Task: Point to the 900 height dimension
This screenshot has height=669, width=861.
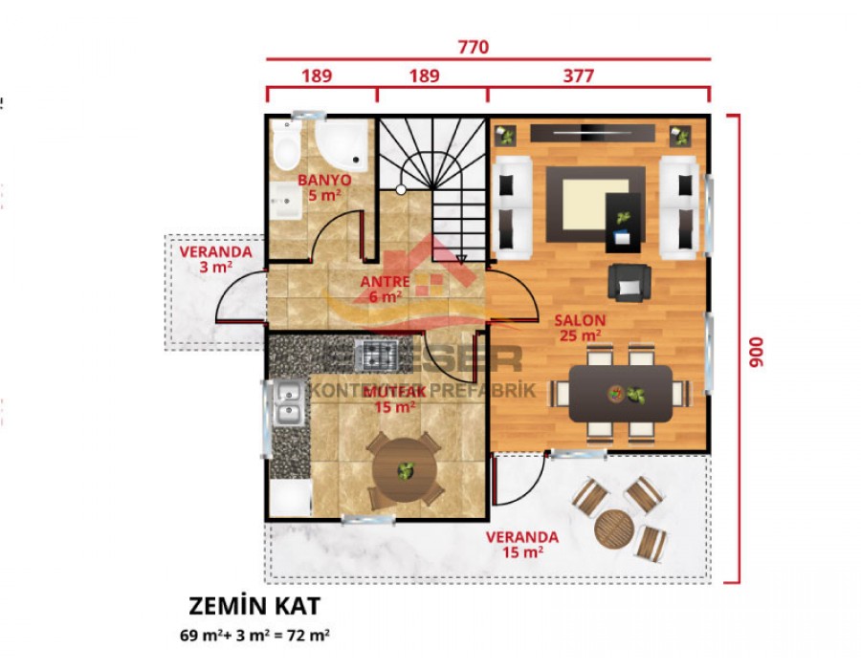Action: point(757,352)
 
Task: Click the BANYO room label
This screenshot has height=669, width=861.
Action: point(323,187)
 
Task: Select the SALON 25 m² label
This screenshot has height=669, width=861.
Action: point(579,327)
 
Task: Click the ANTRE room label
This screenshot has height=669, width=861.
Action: point(386,289)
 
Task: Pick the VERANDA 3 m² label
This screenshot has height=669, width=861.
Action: point(215,259)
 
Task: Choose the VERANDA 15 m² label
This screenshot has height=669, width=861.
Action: point(521,544)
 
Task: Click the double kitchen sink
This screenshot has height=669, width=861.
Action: point(288,403)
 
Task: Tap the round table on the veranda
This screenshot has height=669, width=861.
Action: point(613,529)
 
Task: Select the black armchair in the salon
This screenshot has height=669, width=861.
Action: point(629,281)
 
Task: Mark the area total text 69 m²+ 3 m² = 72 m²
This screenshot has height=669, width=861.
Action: point(254,634)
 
